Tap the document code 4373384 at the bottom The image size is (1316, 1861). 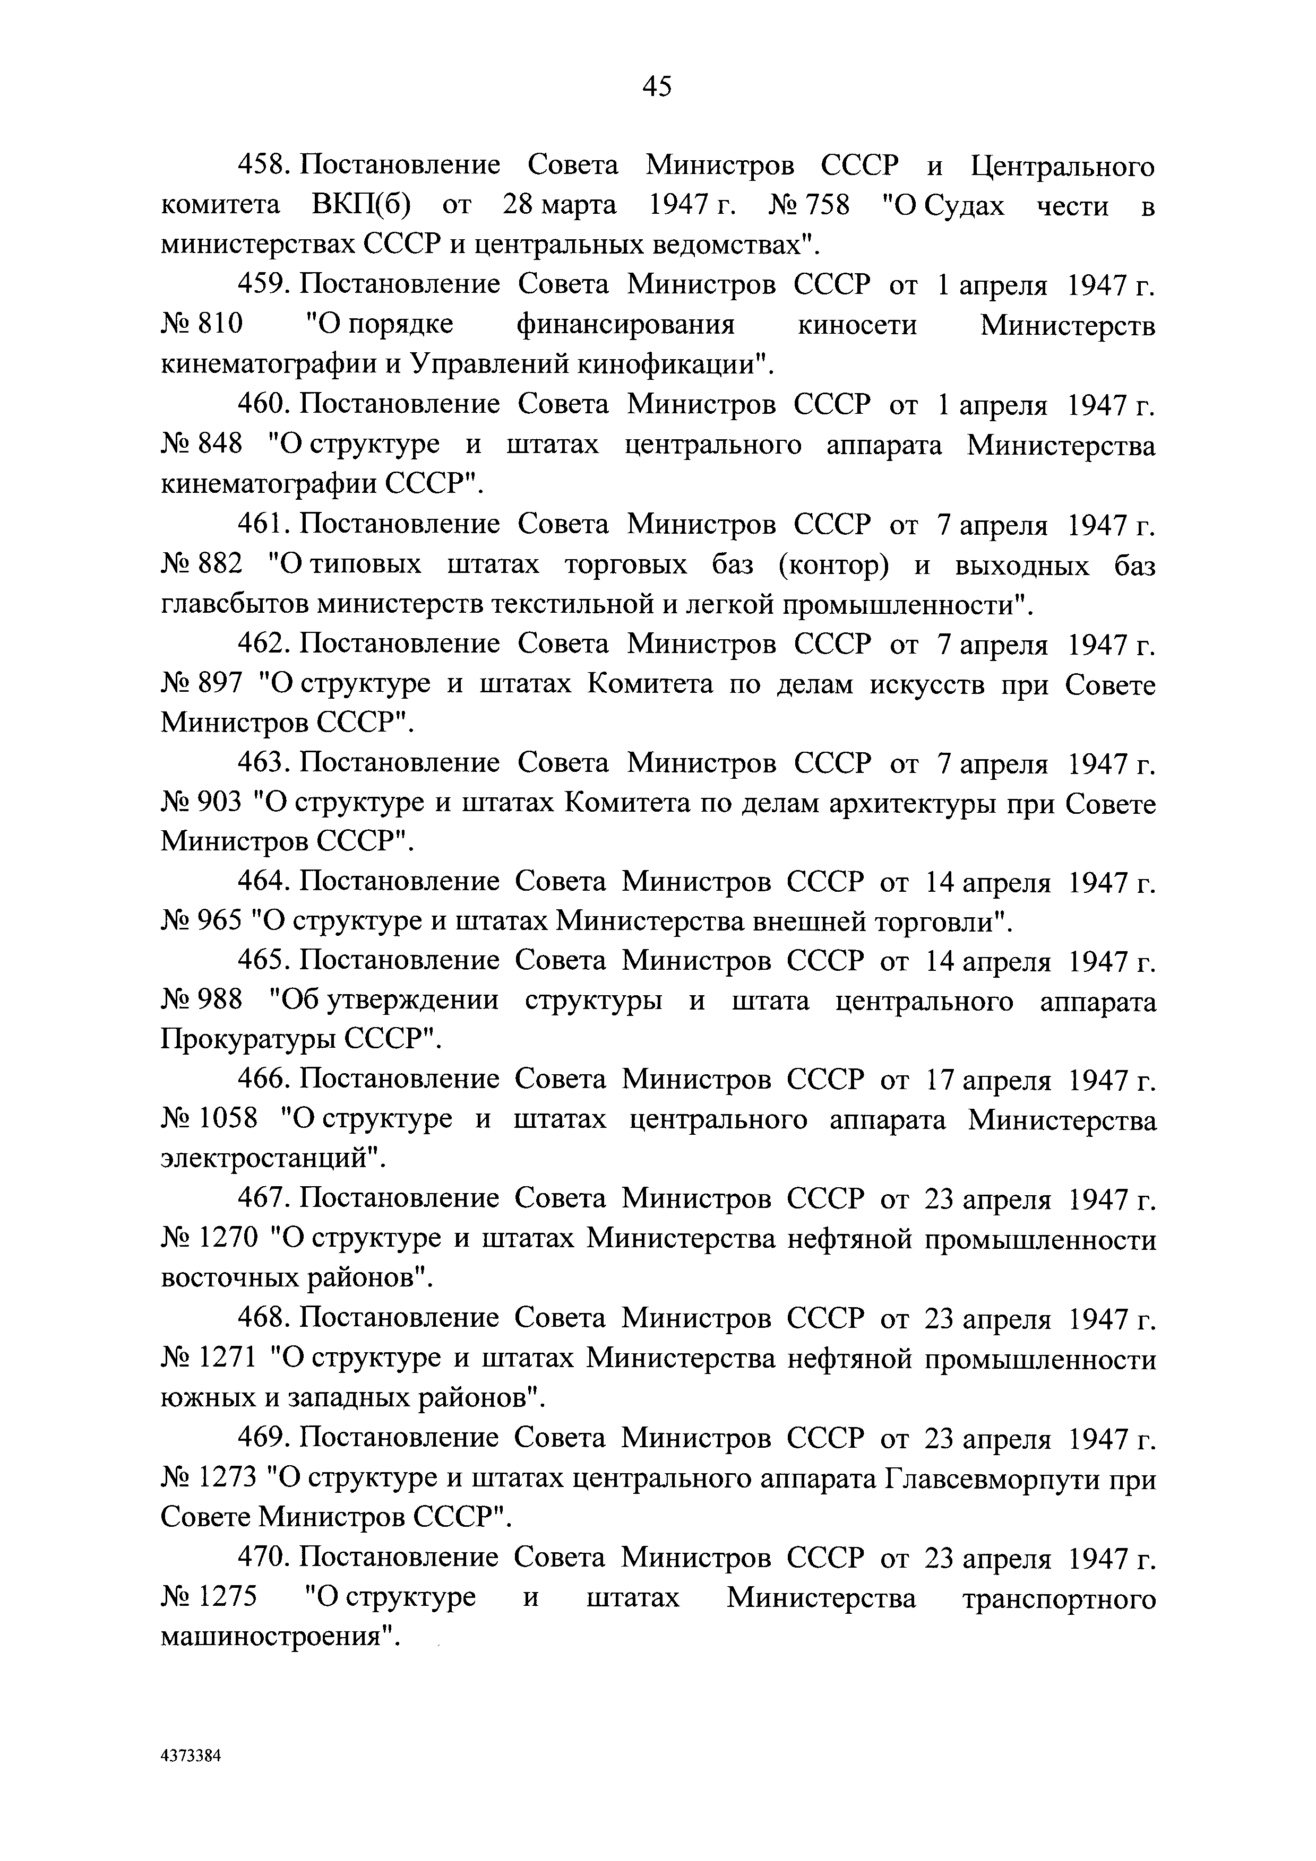[191, 1755]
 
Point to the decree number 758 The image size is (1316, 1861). [825, 206]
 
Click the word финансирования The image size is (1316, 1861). [625, 326]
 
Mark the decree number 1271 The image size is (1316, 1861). [229, 1359]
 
